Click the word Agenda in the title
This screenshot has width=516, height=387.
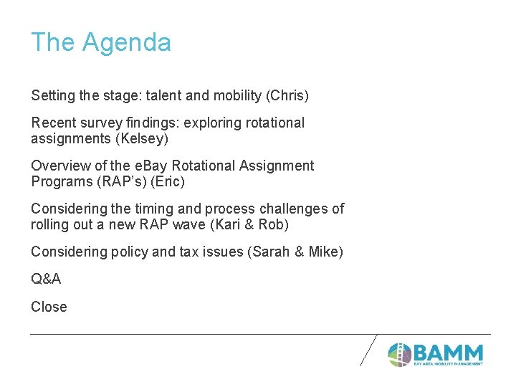[x=126, y=43]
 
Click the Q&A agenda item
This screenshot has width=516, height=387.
[x=46, y=279]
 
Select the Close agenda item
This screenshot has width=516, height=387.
[x=49, y=307]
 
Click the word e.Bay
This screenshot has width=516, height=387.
[x=129, y=166]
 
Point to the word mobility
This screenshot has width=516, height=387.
[x=228, y=95]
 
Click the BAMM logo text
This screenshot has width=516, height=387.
[x=448, y=353]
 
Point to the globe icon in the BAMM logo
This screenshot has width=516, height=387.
[x=399, y=354]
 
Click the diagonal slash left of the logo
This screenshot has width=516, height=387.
[x=368, y=350]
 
